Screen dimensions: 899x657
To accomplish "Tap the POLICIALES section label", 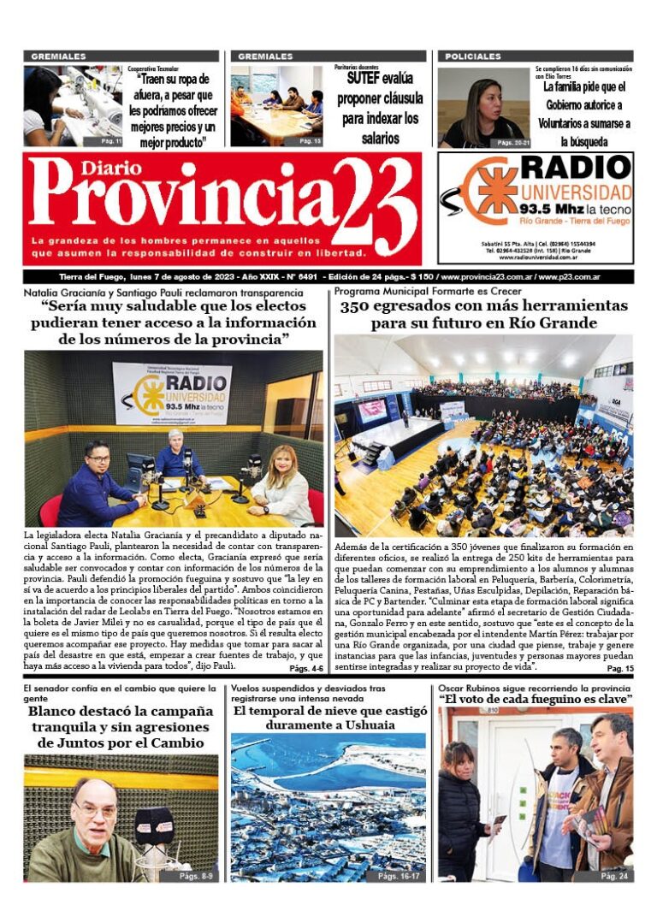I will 473,56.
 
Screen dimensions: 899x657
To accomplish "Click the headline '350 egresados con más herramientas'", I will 483,305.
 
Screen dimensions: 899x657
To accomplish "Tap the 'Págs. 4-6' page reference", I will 306,669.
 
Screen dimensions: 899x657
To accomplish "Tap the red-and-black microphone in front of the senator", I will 155,825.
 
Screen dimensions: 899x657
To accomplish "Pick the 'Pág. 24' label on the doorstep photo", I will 613,877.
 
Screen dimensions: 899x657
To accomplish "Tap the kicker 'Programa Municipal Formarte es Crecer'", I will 425,292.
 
